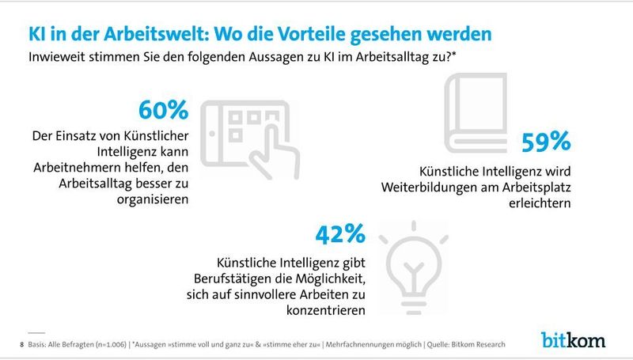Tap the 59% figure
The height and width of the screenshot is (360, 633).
click(x=545, y=142)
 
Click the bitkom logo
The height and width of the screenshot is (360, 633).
click(x=574, y=341)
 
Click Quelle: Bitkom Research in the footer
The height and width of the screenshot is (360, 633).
click(x=466, y=344)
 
